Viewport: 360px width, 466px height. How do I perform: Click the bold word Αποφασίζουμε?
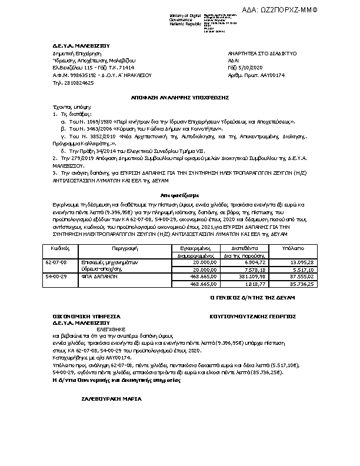[179, 193]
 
